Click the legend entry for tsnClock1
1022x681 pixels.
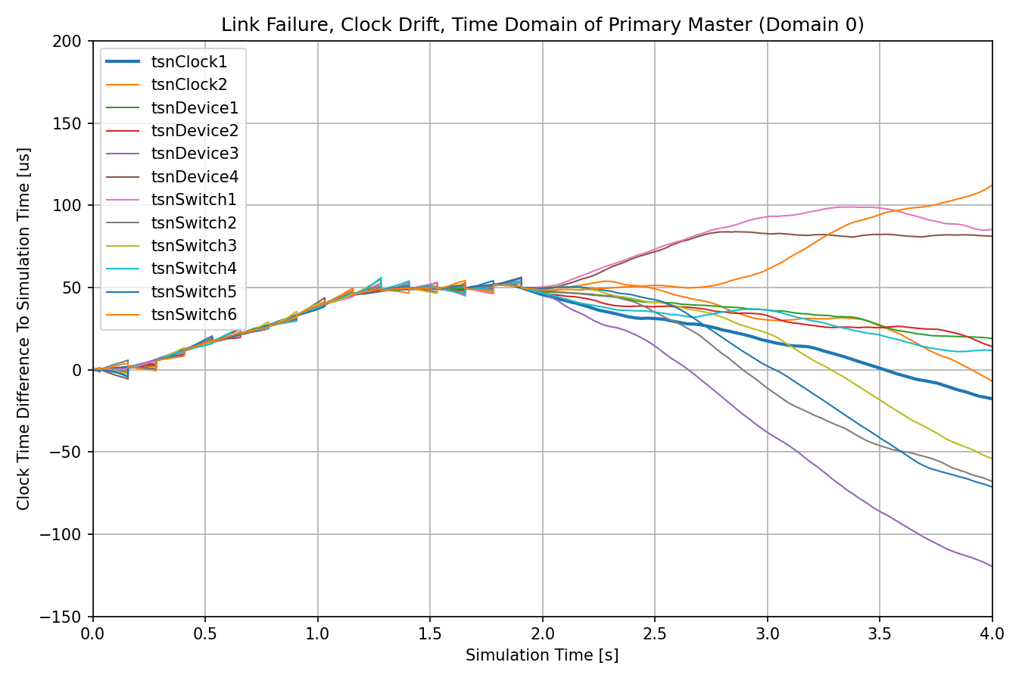[x=189, y=62]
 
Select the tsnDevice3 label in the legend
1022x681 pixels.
[x=195, y=154]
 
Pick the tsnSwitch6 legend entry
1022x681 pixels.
[x=194, y=314]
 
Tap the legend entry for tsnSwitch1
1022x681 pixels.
[x=194, y=200]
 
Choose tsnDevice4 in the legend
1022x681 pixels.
[x=195, y=177]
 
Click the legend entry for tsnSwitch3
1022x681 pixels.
[x=194, y=246]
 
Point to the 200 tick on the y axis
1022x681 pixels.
[x=72, y=42]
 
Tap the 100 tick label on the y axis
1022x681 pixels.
[x=72, y=206]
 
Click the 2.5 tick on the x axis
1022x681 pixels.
[x=655, y=633]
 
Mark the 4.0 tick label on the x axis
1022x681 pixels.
[x=992, y=633]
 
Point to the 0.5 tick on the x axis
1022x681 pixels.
[x=205, y=633]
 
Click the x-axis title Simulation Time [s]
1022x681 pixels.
[x=542, y=655]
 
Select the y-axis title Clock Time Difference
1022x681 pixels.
[x=23, y=328]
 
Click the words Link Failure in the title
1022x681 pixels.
[x=276, y=25]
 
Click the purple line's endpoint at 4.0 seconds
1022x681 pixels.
[x=991, y=565]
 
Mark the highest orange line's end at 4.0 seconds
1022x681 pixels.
[x=991, y=186]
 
